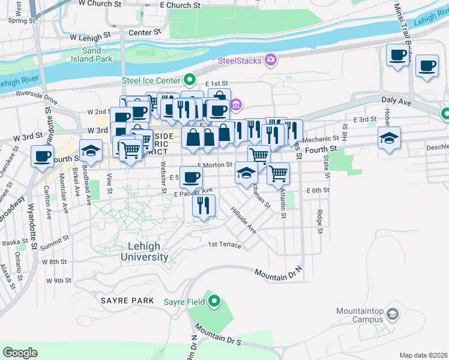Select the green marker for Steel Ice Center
pyautogui.click(x=190, y=79)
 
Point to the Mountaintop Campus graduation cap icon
pyautogui.click(x=392, y=314)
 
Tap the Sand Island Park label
pyautogui.click(x=96, y=55)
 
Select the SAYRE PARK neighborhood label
pyautogui.click(x=123, y=299)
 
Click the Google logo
pyautogui.click(x=20, y=352)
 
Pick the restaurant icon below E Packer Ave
pyautogui.click(x=203, y=206)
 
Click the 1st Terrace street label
pyautogui.click(x=224, y=245)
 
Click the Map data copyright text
pyautogui.click(x=423, y=355)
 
